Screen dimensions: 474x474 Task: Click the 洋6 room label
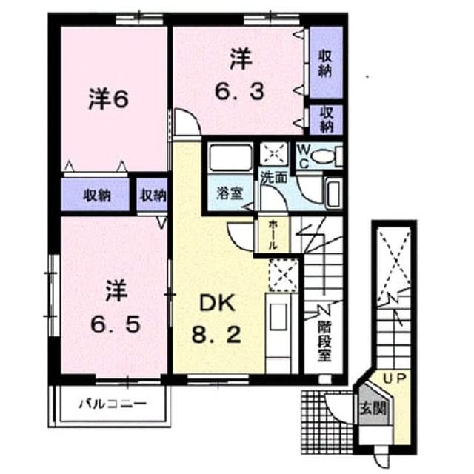tap(109, 99)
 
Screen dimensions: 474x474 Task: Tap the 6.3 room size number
tap(239, 91)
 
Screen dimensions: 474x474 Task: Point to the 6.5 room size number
tap(116, 324)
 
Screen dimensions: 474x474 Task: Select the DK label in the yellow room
tap(217, 303)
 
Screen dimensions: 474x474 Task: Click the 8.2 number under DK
tap(216, 334)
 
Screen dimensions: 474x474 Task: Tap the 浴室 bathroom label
tap(230, 193)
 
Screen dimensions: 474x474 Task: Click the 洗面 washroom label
tap(274, 178)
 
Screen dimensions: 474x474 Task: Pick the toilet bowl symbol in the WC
tap(324, 156)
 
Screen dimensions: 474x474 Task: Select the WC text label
tap(303, 156)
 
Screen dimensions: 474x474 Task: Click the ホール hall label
tap(273, 235)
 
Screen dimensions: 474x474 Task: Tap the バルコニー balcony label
tap(113, 404)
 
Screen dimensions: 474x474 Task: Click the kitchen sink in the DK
tap(278, 316)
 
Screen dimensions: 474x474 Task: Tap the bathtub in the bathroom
tap(230, 158)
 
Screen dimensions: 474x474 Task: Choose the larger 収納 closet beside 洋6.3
tap(326, 62)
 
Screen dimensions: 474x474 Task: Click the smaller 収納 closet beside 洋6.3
tap(326, 120)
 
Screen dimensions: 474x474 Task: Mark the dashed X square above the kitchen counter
tap(283, 275)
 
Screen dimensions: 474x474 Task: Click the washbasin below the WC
tap(333, 193)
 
